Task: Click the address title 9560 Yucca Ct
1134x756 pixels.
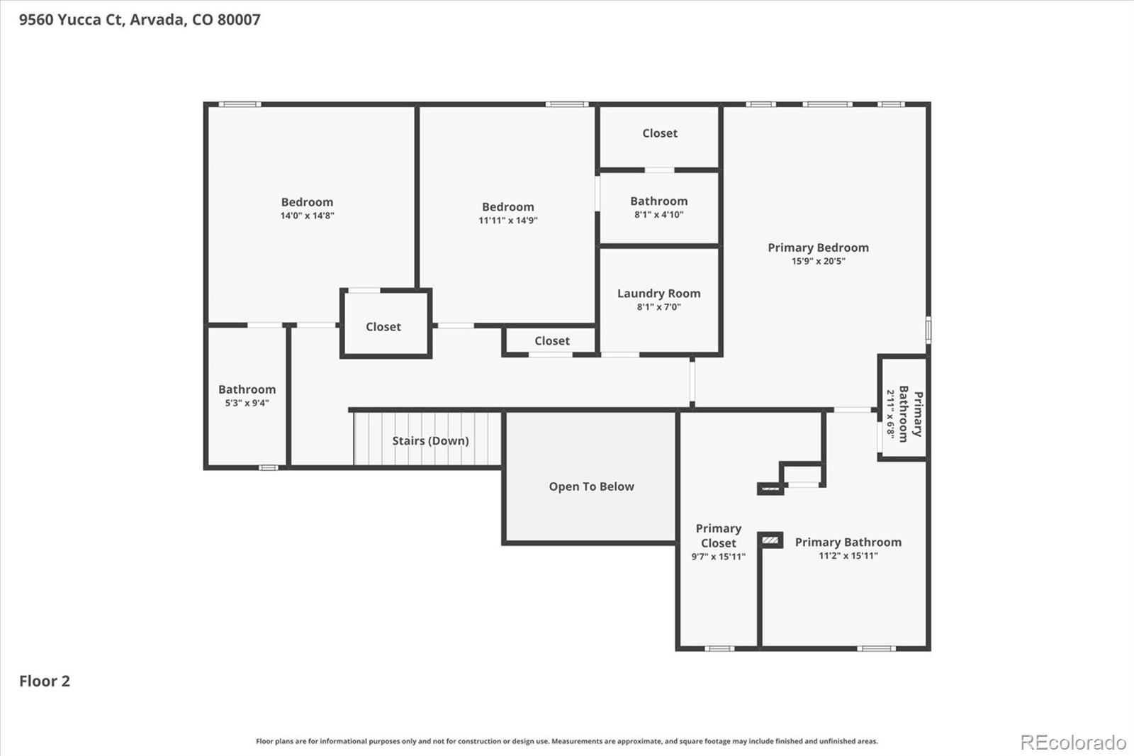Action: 140,20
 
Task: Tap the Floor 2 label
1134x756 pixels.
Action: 45,682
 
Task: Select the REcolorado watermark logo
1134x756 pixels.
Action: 1073,743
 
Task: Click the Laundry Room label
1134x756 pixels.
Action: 658,294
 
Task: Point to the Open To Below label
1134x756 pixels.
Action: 591,487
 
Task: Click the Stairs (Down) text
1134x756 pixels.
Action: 430,441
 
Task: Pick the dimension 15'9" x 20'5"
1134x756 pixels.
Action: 818,261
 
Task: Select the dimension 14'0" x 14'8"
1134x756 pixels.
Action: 307,216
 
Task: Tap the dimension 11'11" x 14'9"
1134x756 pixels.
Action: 507,221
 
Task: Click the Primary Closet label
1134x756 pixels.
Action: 718,535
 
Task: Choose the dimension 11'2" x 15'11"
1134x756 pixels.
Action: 848,556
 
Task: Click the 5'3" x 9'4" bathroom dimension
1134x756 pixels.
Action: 247,403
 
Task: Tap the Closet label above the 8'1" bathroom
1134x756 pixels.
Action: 659,133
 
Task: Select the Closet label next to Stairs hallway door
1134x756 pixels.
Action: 383,327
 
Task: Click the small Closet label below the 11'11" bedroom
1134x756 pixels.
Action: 551,341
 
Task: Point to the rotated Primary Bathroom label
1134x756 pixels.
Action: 910,414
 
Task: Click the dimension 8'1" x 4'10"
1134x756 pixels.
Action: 658,215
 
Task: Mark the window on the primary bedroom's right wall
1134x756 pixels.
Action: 928,330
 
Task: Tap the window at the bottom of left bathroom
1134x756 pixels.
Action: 268,467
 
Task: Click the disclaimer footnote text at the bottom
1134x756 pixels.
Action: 566,741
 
